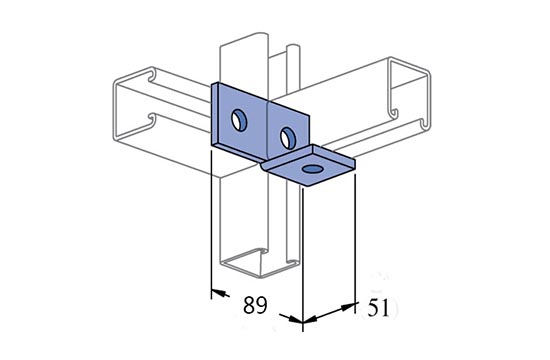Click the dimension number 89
pos(255,305)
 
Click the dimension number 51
pos(378,308)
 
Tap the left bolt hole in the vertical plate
pos(239,120)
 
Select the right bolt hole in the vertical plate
pos(288,138)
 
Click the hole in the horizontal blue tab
pos(313,169)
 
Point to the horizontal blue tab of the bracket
pos(310,166)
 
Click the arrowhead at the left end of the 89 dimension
pos(220,293)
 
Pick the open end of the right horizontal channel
pos(410,95)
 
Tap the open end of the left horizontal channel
pos(134,105)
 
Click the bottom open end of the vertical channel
pos(260,262)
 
